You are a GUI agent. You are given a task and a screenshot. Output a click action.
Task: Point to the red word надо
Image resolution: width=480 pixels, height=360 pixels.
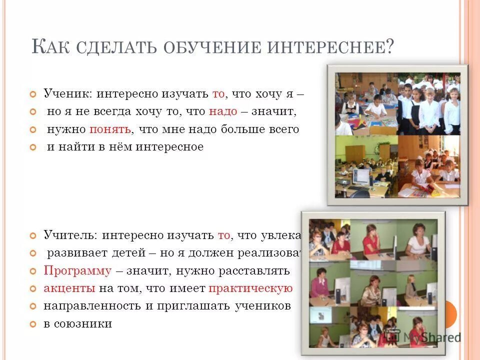(223, 111)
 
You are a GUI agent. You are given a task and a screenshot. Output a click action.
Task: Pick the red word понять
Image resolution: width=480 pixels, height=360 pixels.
(110, 129)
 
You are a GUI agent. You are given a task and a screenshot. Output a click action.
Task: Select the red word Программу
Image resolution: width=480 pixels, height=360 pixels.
(77, 271)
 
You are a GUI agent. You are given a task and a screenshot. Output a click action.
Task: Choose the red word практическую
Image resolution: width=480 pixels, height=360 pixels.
(250, 288)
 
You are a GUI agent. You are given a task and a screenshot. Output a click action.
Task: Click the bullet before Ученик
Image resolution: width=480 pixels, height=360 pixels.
(33, 94)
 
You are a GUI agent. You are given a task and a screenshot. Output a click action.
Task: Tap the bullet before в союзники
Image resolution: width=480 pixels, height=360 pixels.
(33, 324)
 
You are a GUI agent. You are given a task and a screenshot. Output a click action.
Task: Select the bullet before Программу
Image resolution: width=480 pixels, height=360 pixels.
(33, 271)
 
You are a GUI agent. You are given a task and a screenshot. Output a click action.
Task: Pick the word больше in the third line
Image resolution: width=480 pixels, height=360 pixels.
(246, 129)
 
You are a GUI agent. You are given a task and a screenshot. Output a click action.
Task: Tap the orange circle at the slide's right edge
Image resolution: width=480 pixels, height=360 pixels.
(450, 314)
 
